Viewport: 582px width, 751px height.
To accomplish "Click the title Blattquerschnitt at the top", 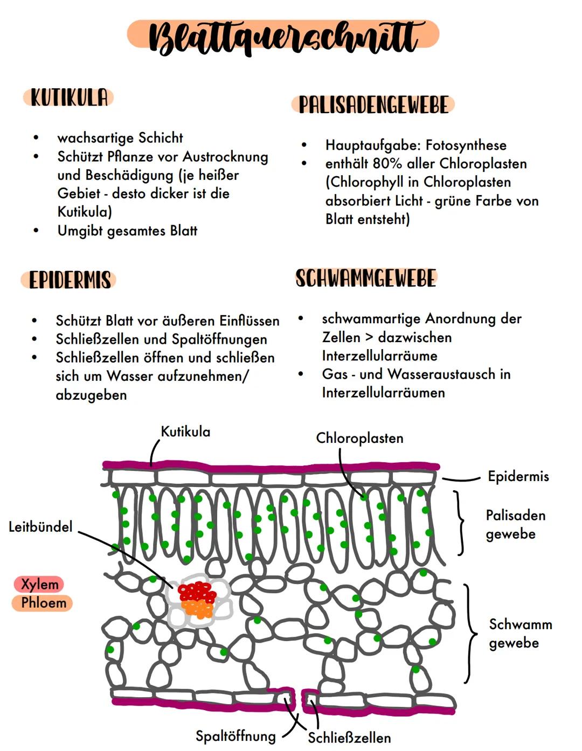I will point(283,37).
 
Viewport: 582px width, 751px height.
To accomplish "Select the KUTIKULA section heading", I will point(68,98).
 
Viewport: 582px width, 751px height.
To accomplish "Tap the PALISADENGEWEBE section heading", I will point(373,105).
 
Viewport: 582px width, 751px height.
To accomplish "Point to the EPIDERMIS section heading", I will point(69,280).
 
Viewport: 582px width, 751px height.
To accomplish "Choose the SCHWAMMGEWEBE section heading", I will point(366,278).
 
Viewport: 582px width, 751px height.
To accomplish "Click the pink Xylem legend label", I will point(39,584).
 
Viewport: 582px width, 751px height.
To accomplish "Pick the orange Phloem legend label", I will point(43,602).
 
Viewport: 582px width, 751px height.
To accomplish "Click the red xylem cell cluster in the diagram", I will point(197,592).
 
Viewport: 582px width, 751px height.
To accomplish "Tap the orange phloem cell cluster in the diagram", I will point(198,609).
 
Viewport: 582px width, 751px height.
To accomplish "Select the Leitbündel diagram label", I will point(40,527).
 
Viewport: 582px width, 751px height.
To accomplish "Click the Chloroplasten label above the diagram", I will point(359,438).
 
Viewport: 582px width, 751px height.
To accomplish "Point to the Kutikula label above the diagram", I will point(185,432).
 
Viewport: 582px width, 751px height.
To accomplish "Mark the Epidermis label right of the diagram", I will point(518,476).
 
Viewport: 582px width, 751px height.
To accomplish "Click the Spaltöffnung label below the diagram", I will point(235,736).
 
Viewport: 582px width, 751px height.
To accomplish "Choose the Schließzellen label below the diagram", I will point(349,738).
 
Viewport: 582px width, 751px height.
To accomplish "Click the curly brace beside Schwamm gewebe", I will point(469,634).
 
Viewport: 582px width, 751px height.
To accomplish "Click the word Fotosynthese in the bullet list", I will point(466,145).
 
